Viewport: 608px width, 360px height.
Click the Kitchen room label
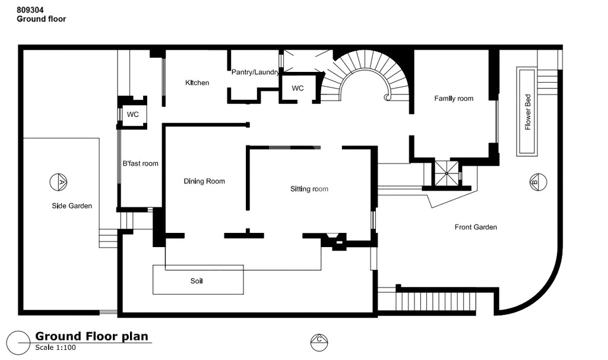[197, 83]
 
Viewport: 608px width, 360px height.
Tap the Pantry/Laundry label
[255, 72]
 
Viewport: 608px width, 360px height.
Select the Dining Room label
[204, 181]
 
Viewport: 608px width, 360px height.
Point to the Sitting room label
[309, 189]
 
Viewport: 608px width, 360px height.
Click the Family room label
[454, 99]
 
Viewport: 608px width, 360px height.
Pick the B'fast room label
[140, 164]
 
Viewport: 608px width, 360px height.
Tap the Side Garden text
[72, 206]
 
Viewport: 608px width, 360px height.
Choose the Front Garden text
[476, 228]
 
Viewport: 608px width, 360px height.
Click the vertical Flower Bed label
[528, 112]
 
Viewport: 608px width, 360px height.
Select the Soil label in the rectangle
[197, 281]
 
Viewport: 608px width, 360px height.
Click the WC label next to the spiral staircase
[298, 89]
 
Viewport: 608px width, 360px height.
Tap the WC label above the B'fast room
[132, 115]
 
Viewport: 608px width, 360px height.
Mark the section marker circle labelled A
[59, 182]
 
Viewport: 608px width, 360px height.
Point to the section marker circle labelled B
[538, 182]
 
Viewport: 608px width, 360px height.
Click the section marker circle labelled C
[319, 342]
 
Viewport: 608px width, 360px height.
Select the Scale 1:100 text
[55, 348]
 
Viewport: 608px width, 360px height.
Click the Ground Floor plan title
[91, 336]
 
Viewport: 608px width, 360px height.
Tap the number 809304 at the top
[30, 10]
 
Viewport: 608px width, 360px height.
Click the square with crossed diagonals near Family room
[446, 173]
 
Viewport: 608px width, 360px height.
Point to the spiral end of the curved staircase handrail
[387, 97]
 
